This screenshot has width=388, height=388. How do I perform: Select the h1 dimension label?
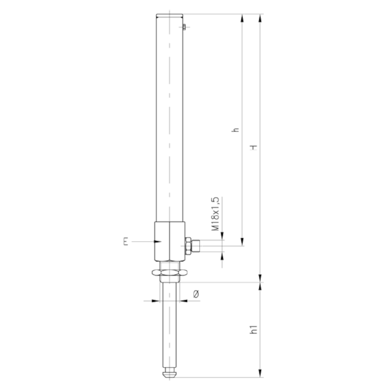click(253, 329)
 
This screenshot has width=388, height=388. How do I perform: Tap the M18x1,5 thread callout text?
click(215, 214)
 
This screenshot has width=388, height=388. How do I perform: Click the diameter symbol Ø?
click(196, 294)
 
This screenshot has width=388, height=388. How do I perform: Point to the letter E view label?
click(126, 241)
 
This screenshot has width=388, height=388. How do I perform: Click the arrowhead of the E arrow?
click(158, 241)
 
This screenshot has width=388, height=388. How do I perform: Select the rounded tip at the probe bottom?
click(169, 373)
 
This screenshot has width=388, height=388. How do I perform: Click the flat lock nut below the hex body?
click(169, 272)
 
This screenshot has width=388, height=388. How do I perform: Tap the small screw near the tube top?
click(184, 27)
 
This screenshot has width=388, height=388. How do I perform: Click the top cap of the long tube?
click(169, 16)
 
